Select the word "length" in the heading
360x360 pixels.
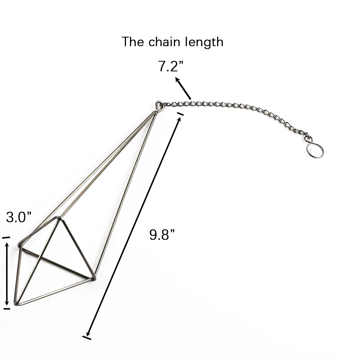point(204,42)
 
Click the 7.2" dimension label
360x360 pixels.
point(171,66)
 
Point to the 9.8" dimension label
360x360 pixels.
point(162,234)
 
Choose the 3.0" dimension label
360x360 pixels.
point(19,217)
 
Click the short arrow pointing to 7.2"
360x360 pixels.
point(183,88)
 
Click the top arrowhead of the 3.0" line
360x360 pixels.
point(7,246)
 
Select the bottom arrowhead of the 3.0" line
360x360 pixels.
point(7,302)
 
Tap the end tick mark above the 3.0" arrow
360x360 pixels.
point(6,238)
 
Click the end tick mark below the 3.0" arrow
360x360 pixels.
point(7,309)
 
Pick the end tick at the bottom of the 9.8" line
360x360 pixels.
point(87,338)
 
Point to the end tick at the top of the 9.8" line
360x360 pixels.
point(180,114)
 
